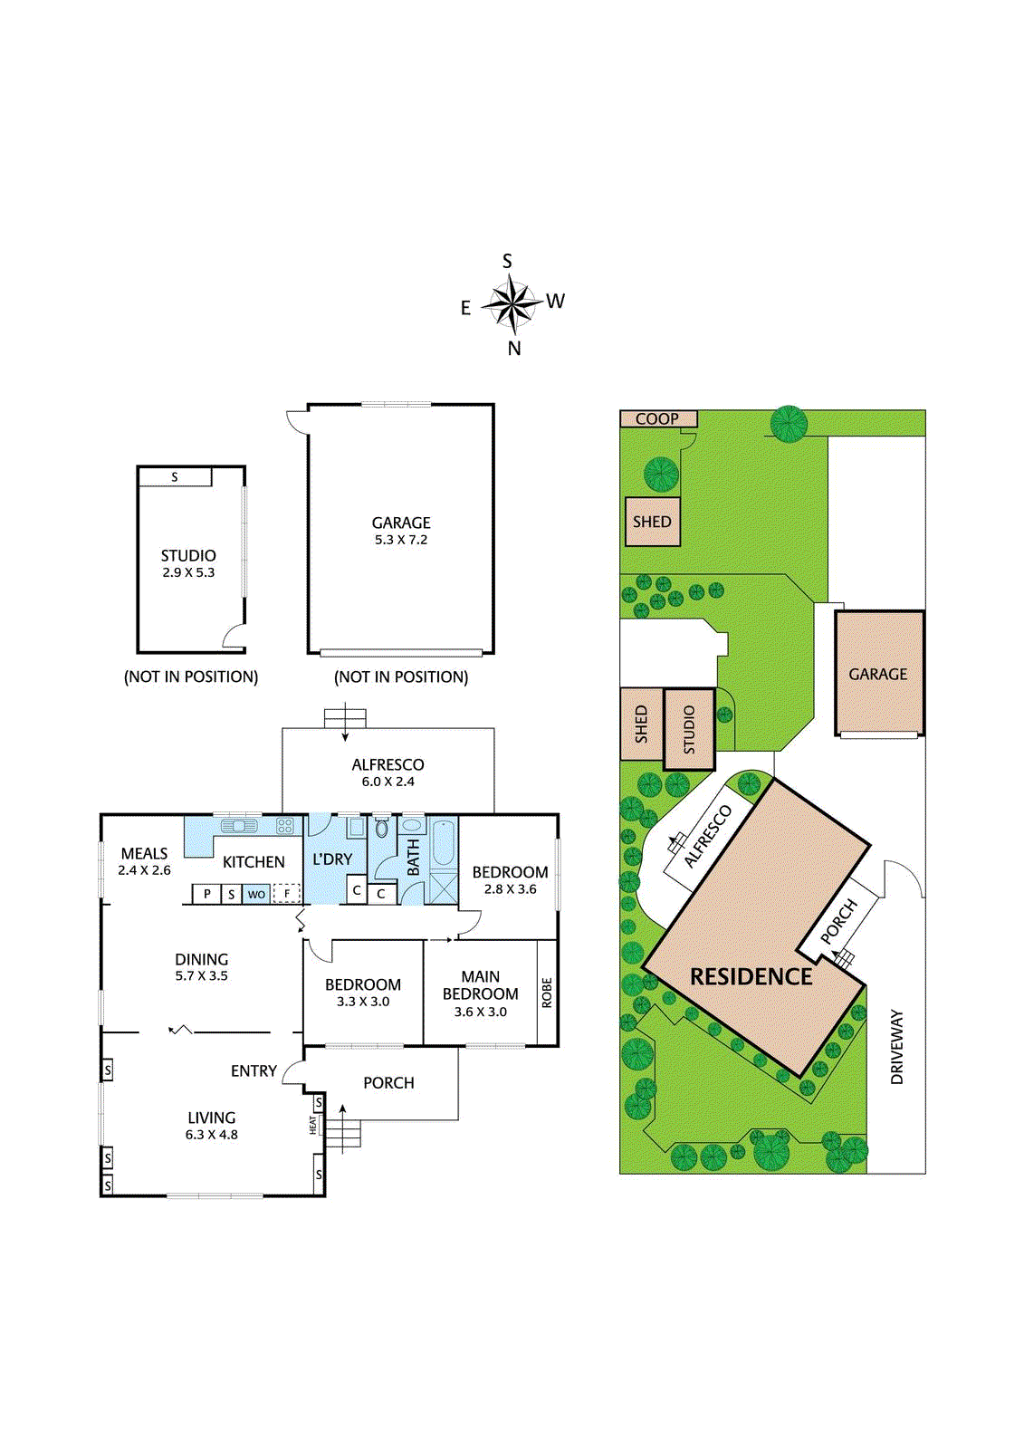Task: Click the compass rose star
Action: (x=512, y=304)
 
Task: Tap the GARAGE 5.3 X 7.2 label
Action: (x=401, y=530)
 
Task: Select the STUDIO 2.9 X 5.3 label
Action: (x=188, y=562)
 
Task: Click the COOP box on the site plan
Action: (x=658, y=418)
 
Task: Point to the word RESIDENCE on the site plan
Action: (x=751, y=976)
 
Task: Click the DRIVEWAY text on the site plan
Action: (x=896, y=1047)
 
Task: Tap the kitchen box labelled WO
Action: (x=256, y=894)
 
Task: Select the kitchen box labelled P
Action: (x=206, y=894)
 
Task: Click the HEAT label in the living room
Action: (x=313, y=1125)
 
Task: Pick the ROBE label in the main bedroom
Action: (x=547, y=993)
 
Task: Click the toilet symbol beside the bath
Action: (x=382, y=828)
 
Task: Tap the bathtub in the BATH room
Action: (x=444, y=843)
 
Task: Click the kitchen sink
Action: (x=239, y=825)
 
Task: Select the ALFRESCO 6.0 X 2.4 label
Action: (x=388, y=772)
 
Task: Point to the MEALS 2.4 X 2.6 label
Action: (x=144, y=860)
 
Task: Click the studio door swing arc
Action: (x=235, y=635)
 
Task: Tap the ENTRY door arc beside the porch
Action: (x=292, y=1072)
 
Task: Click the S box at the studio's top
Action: (x=175, y=476)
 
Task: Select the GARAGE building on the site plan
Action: (x=878, y=674)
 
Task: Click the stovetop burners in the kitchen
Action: (x=285, y=825)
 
